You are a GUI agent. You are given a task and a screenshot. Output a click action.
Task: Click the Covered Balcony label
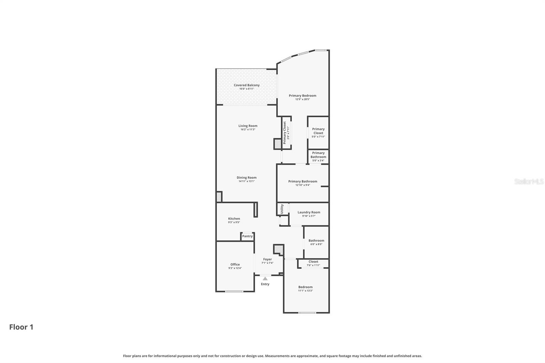click(x=247, y=85)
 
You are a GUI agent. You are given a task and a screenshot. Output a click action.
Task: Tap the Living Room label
click(x=248, y=126)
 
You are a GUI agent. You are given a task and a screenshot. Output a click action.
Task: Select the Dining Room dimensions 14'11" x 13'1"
click(x=247, y=181)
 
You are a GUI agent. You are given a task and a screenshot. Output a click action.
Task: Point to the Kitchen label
click(x=234, y=219)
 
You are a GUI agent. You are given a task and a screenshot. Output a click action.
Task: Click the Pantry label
click(x=247, y=236)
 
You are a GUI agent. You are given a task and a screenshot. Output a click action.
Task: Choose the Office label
click(x=235, y=264)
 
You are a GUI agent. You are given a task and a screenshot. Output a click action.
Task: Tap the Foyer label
click(x=267, y=259)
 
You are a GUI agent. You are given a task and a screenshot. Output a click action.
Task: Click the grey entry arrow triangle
click(x=265, y=279)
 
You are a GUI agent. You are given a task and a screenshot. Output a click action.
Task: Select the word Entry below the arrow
click(x=265, y=284)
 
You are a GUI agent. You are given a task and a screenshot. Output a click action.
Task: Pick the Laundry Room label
click(x=309, y=212)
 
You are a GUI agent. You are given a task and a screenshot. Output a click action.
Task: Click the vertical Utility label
click(x=282, y=209)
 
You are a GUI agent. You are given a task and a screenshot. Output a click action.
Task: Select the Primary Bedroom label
click(x=302, y=96)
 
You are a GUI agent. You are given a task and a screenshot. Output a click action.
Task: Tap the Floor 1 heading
click(x=21, y=327)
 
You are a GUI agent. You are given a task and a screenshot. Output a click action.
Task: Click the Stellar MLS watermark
click(x=529, y=181)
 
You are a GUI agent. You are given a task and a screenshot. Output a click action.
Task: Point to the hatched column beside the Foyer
click(x=279, y=250)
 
